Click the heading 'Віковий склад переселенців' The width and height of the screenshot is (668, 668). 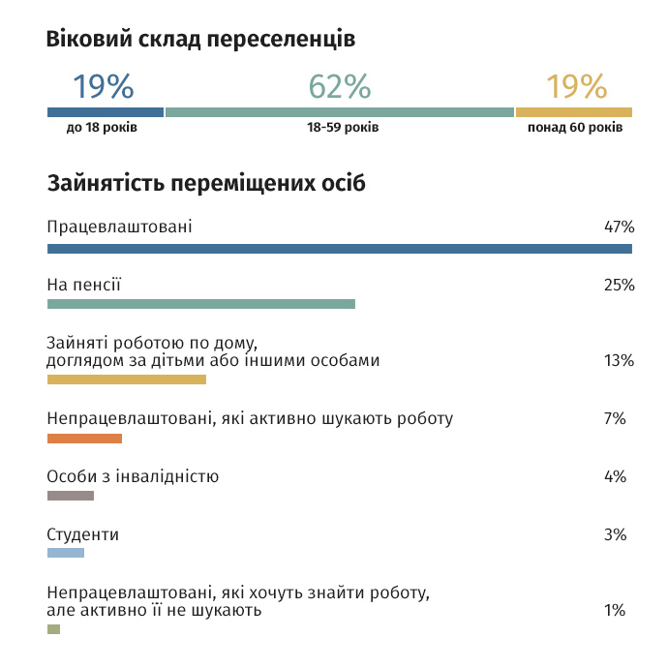click(x=200, y=40)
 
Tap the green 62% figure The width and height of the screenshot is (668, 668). click(x=340, y=87)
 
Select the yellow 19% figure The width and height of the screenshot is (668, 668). click(x=576, y=87)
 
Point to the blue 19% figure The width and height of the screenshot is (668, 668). click(x=104, y=87)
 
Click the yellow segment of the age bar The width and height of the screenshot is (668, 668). click(x=574, y=112)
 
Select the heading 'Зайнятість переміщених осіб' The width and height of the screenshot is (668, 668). click(x=206, y=184)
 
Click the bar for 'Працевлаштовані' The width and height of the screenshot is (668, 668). click(x=339, y=249)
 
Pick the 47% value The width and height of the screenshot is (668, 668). click(x=618, y=228)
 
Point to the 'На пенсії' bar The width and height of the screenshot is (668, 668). click(x=201, y=304)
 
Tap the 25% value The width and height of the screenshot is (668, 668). click(x=618, y=286)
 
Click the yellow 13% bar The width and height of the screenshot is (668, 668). click(x=127, y=380)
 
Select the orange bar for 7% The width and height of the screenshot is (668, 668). click(x=84, y=439)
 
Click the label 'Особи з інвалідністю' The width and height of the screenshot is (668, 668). click(x=133, y=476)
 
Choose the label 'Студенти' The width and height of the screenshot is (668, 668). click(x=83, y=534)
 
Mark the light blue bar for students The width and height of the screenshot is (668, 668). click(x=66, y=553)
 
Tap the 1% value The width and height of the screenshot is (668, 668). click(x=614, y=610)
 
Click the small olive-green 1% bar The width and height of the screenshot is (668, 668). click(x=53, y=629)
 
